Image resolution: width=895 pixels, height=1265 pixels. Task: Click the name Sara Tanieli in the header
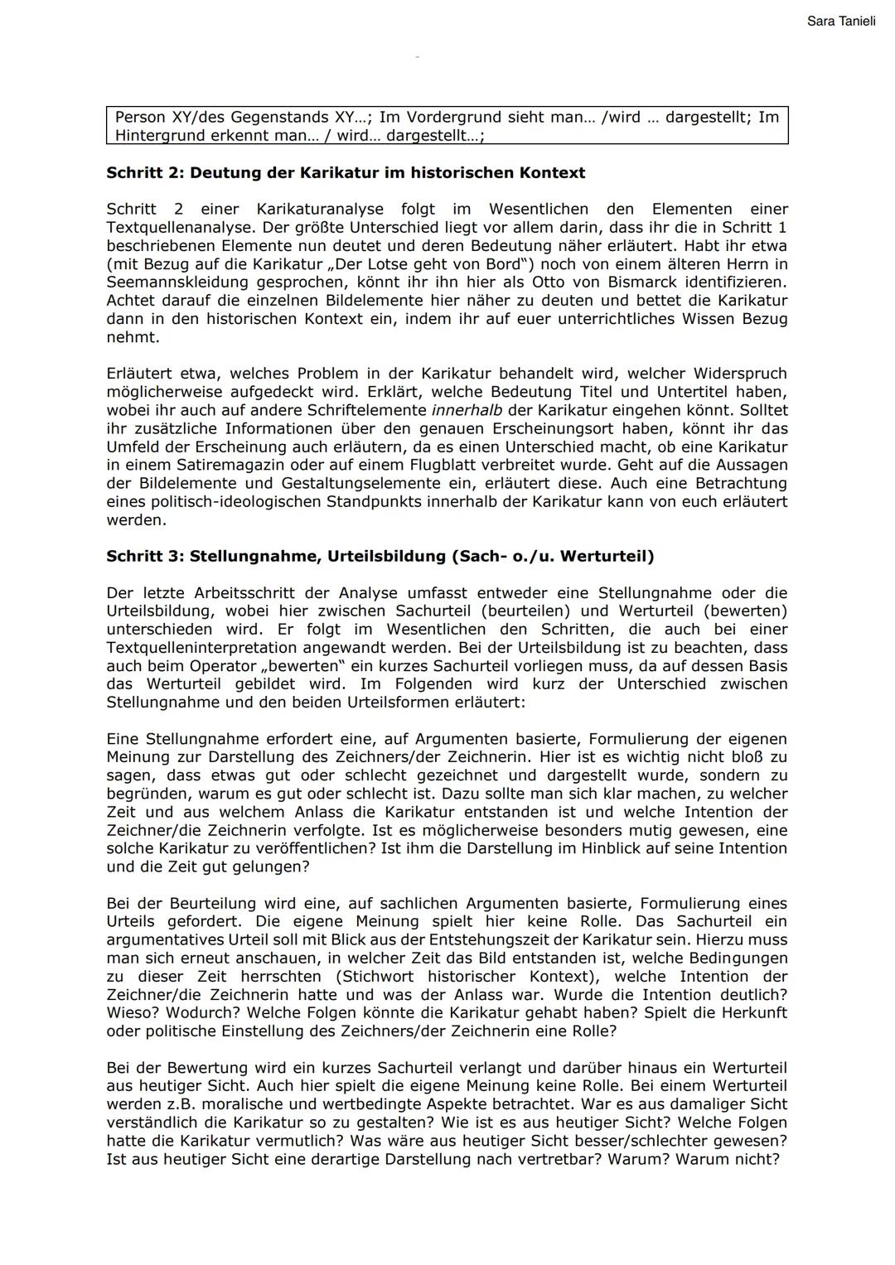(840, 21)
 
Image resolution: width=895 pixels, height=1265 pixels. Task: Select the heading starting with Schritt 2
(346, 173)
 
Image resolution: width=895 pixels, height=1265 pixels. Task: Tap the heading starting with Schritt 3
(380, 557)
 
